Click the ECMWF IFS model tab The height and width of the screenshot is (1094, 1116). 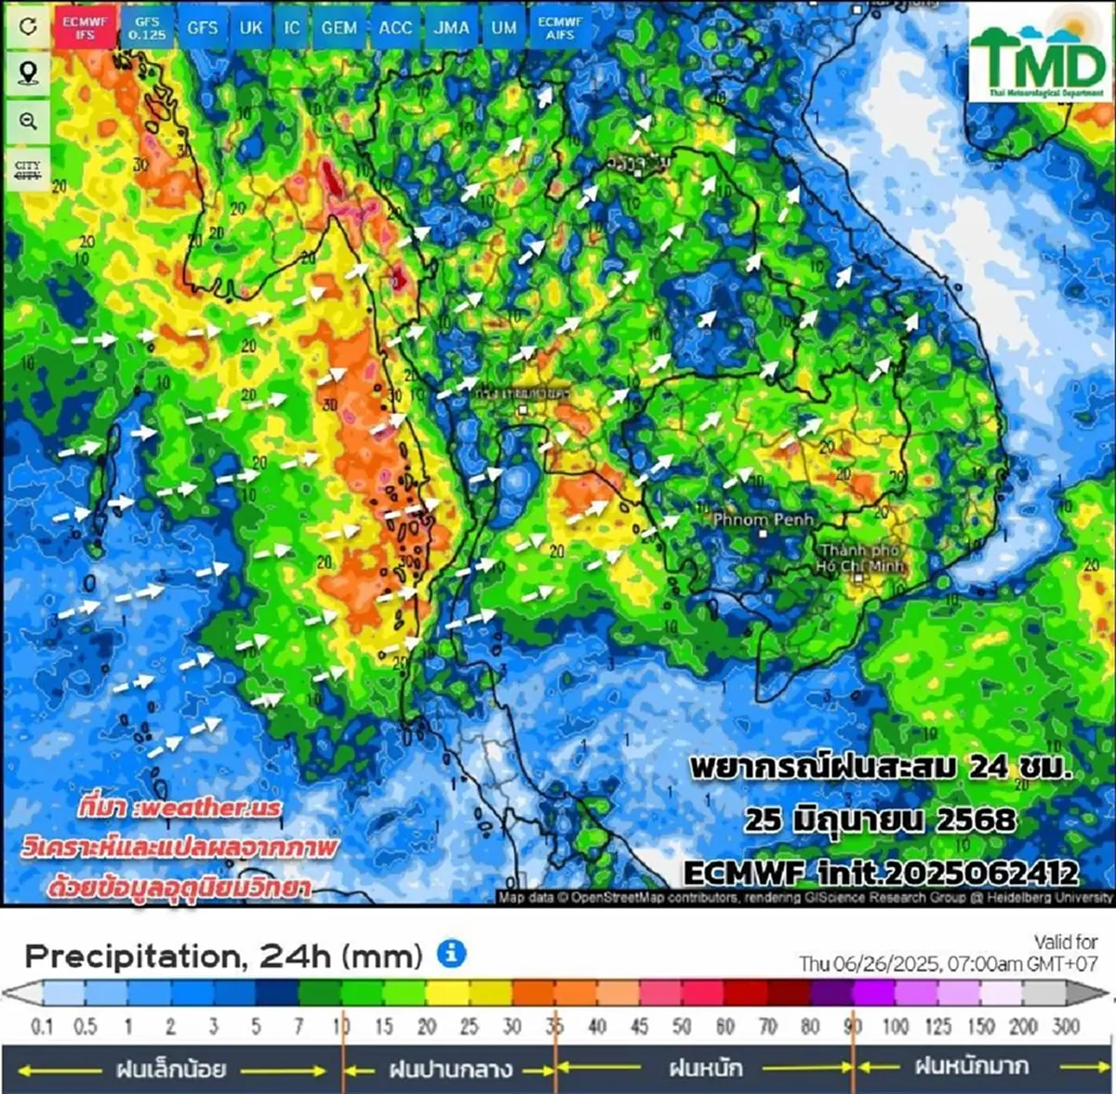pos(85,27)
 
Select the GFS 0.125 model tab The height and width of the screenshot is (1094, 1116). pos(147,27)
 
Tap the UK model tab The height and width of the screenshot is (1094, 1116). pos(251,27)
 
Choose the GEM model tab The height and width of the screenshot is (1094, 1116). pos(339,27)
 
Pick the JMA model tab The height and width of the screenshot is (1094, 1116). pos(451,27)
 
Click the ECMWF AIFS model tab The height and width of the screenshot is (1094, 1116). pos(560,27)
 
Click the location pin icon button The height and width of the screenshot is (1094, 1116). pos(28,73)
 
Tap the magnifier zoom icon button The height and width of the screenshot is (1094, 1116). pos(28,122)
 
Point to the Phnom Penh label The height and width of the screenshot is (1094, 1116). pos(763,520)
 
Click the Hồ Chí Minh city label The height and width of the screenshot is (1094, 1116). pos(861,558)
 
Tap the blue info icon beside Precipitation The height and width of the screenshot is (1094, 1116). pos(451,954)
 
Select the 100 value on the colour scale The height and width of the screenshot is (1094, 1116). pos(895,1027)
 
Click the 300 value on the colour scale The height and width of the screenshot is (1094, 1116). pos(1066,1027)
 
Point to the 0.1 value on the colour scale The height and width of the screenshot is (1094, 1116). pos(43,1027)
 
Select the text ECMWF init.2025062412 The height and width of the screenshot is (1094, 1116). pos(881,873)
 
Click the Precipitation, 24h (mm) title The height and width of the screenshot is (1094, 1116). pos(223,956)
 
